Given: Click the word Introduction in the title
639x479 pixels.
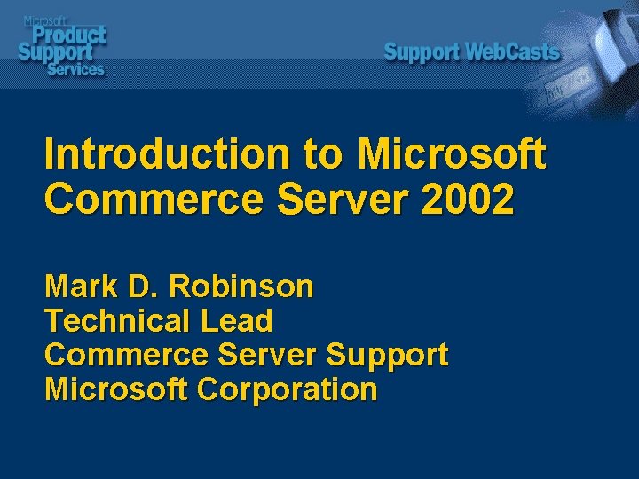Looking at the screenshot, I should pyautogui.click(x=166, y=154).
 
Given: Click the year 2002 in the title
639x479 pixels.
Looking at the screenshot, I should pyautogui.click(x=469, y=200).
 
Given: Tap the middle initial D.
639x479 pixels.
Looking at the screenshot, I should pyautogui.click(x=139, y=287).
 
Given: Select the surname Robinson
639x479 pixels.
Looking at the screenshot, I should pyautogui.click(x=241, y=287).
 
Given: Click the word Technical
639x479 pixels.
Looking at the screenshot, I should pyautogui.click(x=118, y=320).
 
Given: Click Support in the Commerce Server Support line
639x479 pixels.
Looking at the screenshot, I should pyautogui.click(x=387, y=355).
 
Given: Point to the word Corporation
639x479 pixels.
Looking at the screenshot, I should pyautogui.click(x=288, y=389).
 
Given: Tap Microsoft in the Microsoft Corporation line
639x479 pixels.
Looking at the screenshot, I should pyautogui.click(x=116, y=389).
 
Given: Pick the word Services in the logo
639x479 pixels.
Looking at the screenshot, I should pyautogui.click(x=76, y=68).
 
